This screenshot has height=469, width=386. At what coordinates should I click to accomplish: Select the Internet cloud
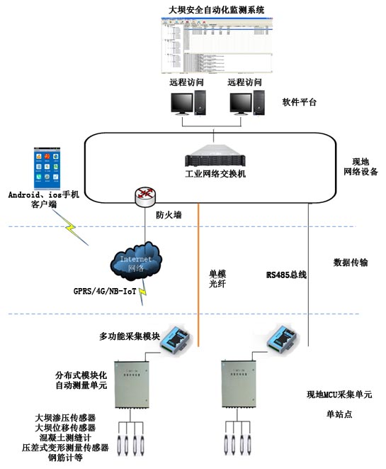(x=135, y=263)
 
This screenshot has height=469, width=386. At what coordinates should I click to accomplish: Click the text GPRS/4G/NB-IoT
(x=106, y=290)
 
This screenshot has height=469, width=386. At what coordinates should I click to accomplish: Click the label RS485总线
(x=286, y=275)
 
